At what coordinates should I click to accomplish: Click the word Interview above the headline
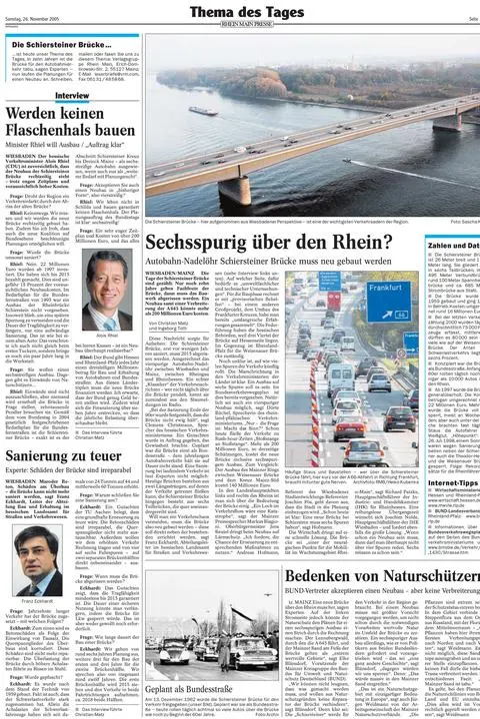(x=71, y=96)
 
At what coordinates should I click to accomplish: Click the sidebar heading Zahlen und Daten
(x=453, y=245)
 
